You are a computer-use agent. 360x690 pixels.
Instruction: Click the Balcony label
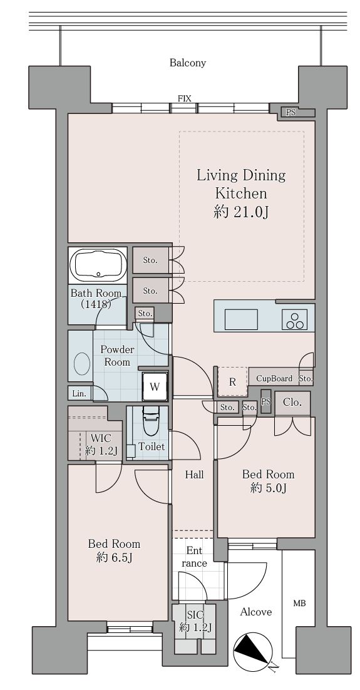187,63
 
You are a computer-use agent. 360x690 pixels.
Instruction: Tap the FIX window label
185,98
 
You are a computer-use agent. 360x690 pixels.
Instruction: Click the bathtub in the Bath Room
98,265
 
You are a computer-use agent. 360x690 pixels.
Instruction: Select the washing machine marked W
155,387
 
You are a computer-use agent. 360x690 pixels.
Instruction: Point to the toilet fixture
149,423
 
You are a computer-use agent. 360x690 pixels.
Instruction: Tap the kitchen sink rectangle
241,319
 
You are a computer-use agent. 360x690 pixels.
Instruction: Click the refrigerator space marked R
232,381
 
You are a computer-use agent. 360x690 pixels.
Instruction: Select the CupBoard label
274,378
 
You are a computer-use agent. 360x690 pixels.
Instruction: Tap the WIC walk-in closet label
101,438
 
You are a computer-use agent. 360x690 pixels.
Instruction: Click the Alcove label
255,612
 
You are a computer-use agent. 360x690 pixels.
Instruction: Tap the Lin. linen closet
80,393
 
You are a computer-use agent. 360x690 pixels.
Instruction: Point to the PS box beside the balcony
291,113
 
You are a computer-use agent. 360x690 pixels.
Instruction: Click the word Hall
194,475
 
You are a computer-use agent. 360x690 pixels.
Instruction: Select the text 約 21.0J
241,212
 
